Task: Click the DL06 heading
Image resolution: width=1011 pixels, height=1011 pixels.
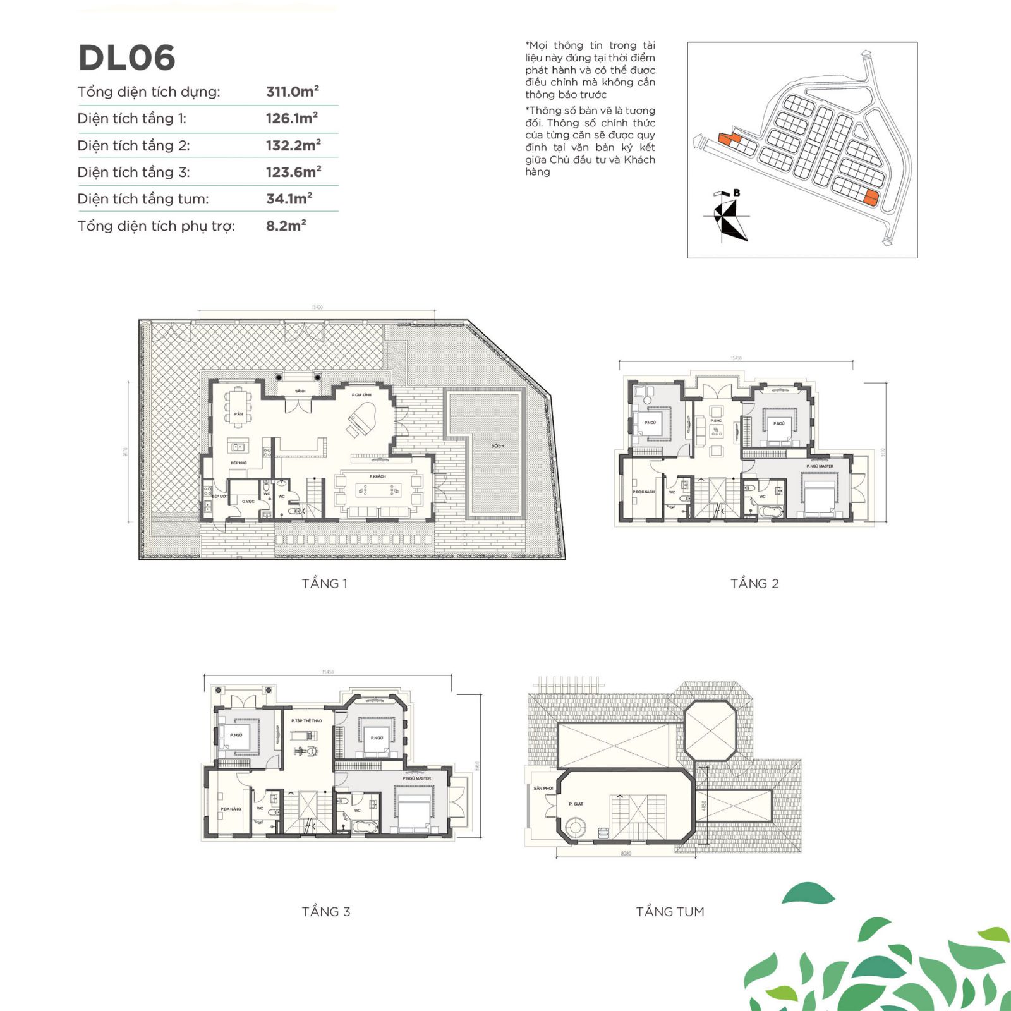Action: click(126, 58)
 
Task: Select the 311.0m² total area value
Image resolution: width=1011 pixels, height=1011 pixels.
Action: click(292, 92)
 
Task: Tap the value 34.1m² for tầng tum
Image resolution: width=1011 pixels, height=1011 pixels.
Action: click(289, 198)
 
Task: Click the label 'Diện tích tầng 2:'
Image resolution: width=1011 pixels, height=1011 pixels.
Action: click(133, 145)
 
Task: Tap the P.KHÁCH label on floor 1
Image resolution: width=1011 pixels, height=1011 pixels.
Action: click(378, 476)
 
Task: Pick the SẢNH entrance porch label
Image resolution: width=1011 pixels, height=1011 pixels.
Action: click(300, 391)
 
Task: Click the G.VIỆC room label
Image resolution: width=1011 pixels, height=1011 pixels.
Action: click(248, 501)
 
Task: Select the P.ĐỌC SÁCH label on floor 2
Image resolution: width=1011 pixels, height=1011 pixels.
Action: click(643, 492)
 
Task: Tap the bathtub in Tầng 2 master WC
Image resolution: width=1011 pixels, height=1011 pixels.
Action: click(770, 510)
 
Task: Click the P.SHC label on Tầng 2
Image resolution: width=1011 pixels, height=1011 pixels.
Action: click(716, 420)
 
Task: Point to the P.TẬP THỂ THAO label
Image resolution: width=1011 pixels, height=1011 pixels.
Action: click(306, 720)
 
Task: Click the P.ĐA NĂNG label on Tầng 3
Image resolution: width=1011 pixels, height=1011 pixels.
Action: click(231, 809)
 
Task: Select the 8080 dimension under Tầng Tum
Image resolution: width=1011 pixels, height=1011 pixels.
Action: click(626, 854)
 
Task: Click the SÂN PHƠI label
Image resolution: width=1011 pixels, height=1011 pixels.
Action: click(543, 788)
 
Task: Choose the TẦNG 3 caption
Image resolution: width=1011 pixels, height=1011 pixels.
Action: click(326, 911)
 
